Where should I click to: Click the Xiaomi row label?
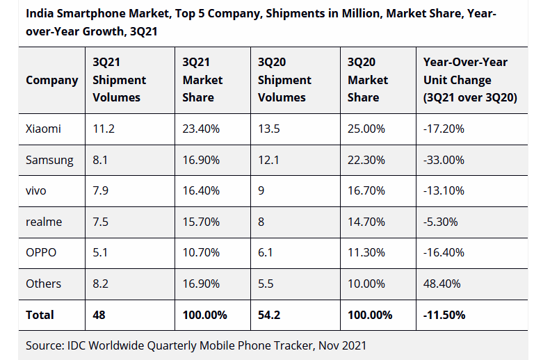pos(43,129)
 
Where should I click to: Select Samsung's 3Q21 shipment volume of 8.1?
pos(101,160)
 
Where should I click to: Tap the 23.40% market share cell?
pos(201,129)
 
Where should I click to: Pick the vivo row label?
pos(36,191)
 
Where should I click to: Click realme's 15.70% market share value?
pos(201,222)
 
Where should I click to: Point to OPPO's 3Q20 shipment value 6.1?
pos(266,253)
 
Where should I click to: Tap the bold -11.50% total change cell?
pos(444,315)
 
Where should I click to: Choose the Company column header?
pos(52,80)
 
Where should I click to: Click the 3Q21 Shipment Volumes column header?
pos(119,80)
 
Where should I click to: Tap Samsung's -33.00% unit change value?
pos(444,160)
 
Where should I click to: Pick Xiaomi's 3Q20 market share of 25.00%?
pos(366,129)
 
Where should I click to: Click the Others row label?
pos(43,284)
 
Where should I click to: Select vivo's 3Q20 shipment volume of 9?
pos(261,191)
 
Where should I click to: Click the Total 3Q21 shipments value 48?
pos(99,315)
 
